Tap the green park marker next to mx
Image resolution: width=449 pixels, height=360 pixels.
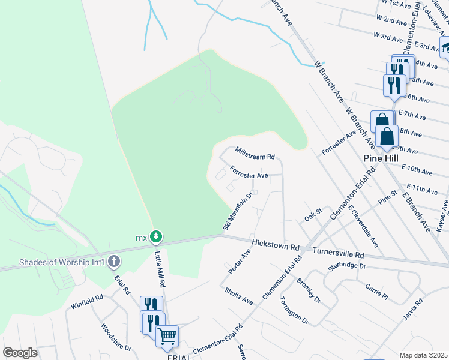pos(156,237)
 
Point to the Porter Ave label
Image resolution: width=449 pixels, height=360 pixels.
pos(239,261)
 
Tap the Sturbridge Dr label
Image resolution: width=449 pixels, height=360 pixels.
pos(348,265)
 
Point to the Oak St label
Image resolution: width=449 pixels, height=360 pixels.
pos(313,215)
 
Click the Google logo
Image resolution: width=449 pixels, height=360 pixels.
pos(20,353)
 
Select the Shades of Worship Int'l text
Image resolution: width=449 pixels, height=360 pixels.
pos(62,262)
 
